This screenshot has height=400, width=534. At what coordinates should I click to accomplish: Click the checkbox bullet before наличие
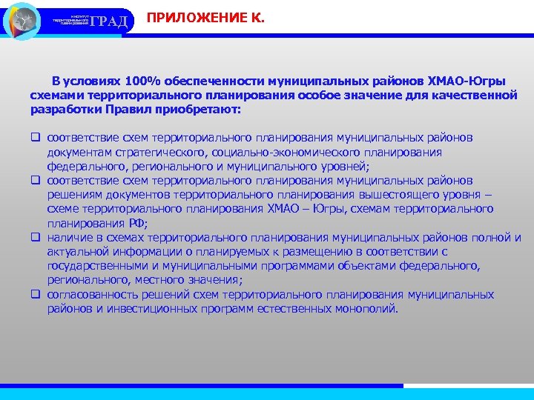[35, 237]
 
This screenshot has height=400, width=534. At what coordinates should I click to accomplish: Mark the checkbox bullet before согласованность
[35, 294]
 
